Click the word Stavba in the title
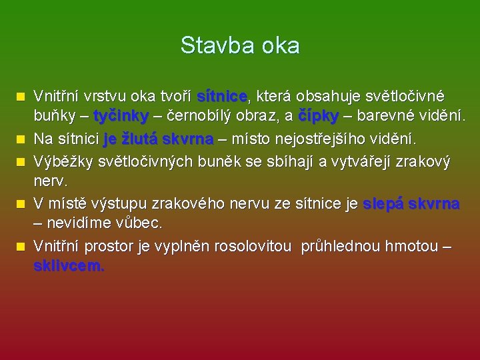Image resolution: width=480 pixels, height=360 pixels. (211, 45)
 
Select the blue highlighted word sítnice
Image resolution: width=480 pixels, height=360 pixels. (222, 97)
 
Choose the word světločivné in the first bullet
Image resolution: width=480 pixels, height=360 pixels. (403, 97)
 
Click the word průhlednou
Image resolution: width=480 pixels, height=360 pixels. (343, 247)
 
